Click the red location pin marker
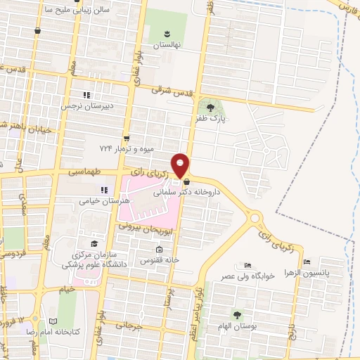click(181, 165)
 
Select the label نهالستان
click(167, 44)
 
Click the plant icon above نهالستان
click(167, 33)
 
